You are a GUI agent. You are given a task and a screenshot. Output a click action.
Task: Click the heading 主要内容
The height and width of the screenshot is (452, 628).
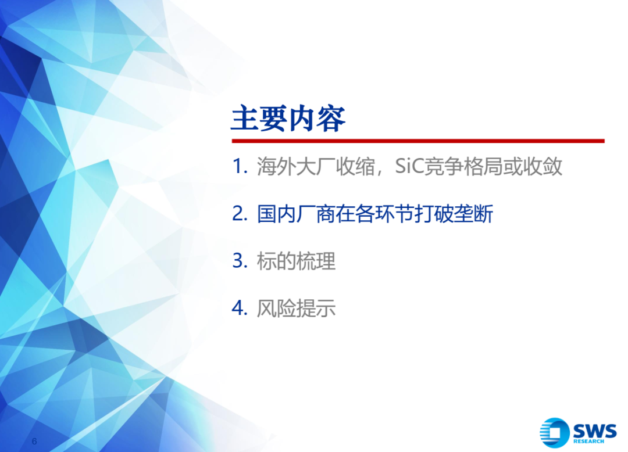coord(288,119)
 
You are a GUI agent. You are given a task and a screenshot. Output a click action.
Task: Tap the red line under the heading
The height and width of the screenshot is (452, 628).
coord(418,141)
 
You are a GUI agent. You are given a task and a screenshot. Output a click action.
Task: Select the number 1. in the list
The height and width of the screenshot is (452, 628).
coord(240,166)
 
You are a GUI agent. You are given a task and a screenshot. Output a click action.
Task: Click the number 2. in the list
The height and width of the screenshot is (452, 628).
coord(240,214)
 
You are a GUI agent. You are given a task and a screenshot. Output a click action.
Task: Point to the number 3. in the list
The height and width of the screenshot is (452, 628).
coord(240,261)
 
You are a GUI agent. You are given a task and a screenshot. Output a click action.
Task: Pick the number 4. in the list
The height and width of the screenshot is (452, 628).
coord(240,308)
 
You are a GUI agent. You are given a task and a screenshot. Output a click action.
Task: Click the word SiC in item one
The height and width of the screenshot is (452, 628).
coord(409,166)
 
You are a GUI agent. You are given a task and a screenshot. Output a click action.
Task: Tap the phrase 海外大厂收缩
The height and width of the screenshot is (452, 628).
coord(316,166)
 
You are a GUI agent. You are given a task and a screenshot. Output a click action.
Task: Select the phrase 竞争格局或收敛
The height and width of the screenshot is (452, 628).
coord(493,166)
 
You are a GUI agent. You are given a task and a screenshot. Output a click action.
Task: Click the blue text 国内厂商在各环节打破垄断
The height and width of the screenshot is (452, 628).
coord(375,214)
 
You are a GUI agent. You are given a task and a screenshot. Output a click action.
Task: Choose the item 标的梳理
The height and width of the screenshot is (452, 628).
coord(296,261)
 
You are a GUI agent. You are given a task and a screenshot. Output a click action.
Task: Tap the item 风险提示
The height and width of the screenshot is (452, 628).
coord(296,308)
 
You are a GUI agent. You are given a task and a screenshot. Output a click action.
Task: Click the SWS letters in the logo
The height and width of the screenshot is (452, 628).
coord(594,431)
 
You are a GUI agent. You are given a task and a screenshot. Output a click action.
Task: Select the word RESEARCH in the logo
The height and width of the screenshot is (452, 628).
coord(588,441)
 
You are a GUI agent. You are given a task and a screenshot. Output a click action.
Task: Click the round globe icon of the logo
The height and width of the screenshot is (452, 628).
coord(555,432)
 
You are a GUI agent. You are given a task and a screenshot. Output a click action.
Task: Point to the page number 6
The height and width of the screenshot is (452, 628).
coord(34,441)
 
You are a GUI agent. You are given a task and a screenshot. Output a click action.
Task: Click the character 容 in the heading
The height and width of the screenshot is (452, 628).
coord(331,119)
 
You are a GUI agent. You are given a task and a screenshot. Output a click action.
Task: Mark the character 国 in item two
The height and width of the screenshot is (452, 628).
coord(266,214)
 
